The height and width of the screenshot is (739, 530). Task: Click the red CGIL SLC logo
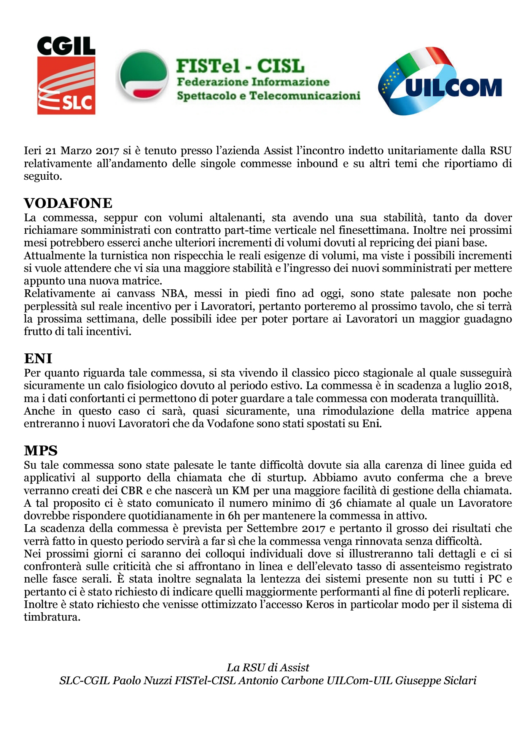pyautogui.click(x=66, y=76)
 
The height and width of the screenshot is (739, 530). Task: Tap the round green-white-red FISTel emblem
pyautogui.click(x=143, y=76)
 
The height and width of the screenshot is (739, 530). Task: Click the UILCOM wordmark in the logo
pyautogui.click(x=454, y=88)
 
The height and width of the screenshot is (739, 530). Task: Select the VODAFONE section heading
pyautogui.click(x=68, y=203)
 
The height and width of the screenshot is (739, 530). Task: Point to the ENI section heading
pyautogui.click(x=38, y=359)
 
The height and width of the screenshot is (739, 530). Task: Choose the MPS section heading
pyautogui.click(x=41, y=451)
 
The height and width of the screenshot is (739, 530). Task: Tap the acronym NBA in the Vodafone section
pyautogui.click(x=173, y=294)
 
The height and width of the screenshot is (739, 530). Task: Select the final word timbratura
pyautogui.click(x=52, y=617)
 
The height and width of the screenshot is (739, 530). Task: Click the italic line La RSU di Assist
pyautogui.click(x=268, y=667)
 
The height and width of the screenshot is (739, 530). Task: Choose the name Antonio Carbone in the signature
pyautogui.click(x=281, y=680)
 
